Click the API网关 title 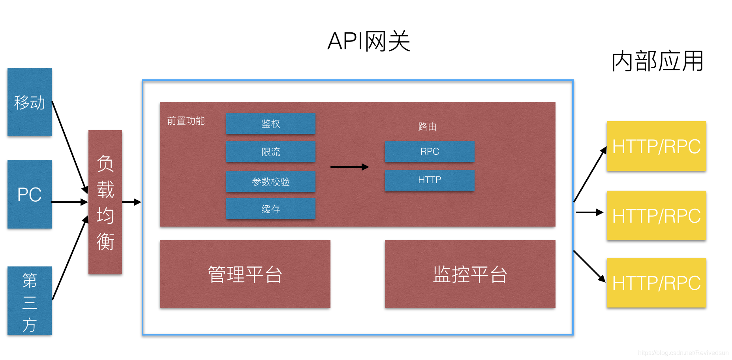click(x=369, y=41)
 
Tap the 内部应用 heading click(x=657, y=61)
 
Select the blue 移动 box click(x=30, y=102)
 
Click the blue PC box click(x=30, y=194)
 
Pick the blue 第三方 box click(x=30, y=301)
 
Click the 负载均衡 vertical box click(x=105, y=202)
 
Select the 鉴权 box click(x=271, y=124)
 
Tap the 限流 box click(x=271, y=152)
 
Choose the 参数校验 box click(x=271, y=182)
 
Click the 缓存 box click(x=271, y=209)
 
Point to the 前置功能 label click(x=186, y=121)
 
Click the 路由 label click(x=427, y=127)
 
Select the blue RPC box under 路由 click(x=430, y=152)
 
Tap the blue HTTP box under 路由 click(x=430, y=180)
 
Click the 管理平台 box click(x=245, y=274)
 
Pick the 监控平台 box click(x=470, y=274)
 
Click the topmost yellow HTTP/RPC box click(x=656, y=146)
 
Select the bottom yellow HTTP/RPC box click(x=656, y=283)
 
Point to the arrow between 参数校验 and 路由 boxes click(x=349, y=167)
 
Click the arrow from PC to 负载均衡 click(x=69, y=202)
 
